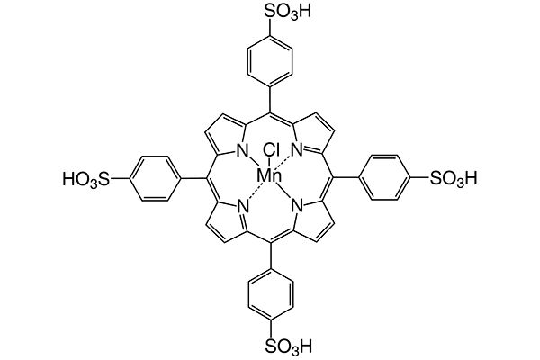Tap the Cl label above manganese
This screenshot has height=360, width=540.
[x=271, y=150]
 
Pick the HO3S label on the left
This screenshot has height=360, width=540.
[x=86, y=180]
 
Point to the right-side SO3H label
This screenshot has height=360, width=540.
[x=455, y=180]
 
